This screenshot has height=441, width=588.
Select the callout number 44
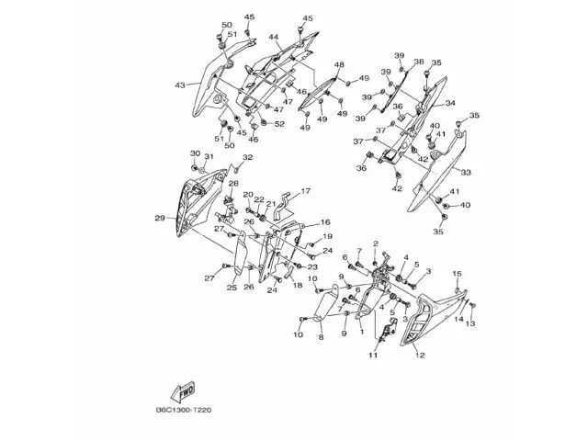click(x=274, y=38)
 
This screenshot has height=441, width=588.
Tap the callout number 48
click(x=339, y=64)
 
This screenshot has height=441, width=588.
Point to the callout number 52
click(x=279, y=123)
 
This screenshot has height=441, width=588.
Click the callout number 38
click(x=419, y=62)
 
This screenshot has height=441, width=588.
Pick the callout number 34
click(x=450, y=104)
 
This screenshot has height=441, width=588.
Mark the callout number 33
click(x=466, y=172)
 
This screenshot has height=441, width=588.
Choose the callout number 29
click(x=159, y=218)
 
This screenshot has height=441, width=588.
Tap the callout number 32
click(x=247, y=158)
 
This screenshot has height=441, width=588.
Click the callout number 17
click(x=306, y=191)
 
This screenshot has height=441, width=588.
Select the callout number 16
click(x=324, y=222)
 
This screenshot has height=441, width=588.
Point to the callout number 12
click(x=420, y=355)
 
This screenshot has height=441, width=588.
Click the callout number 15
click(x=458, y=273)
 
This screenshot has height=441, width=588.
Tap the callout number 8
click(x=321, y=337)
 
